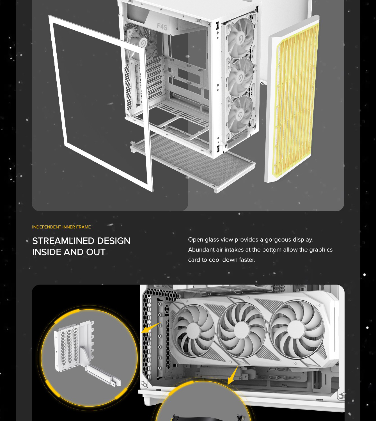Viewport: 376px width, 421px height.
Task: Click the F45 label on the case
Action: click(x=162, y=27)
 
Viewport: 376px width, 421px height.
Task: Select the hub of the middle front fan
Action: click(x=240, y=77)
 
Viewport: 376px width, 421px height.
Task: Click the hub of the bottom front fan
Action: click(x=240, y=115)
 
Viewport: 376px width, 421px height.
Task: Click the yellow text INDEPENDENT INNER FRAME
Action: click(x=61, y=227)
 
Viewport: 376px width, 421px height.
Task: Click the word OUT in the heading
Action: click(x=96, y=252)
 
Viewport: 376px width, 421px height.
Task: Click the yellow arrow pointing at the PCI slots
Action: click(x=151, y=328)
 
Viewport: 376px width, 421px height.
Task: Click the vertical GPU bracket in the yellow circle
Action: click(x=87, y=353)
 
